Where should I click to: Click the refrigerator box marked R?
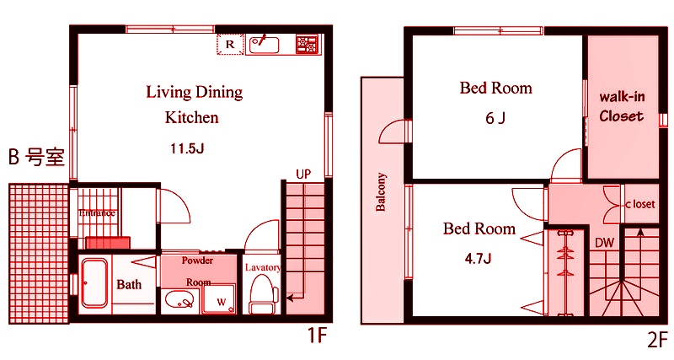click(x=230, y=45)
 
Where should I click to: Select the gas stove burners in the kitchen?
click(x=307, y=45)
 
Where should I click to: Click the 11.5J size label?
click(x=187, y=149)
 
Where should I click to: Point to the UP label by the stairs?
click(x=303, y=175)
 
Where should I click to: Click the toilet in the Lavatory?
click(x=261, y=294)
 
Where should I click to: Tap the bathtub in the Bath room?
click(x=94, y=283)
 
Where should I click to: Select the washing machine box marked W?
click(x=220, y=298)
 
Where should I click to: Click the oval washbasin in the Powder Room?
click(x=179, y=299)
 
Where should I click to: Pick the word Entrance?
click(x=97, y=213)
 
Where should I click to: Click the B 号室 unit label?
click(x=36, y=157)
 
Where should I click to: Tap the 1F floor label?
click(x=318, y=336)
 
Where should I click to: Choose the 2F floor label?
click(x=658, y=340)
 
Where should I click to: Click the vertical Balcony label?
click(x=381, y=192)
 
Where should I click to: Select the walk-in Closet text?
click(x=622, y=106)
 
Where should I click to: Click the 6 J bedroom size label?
click(x=495, y=118)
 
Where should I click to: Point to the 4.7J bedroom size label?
click(x=478, y=259)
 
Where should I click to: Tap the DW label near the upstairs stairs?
click(x=604, y=243)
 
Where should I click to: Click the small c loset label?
click(x=640, y=204)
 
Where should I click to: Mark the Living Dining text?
click(x=195, y=93)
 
